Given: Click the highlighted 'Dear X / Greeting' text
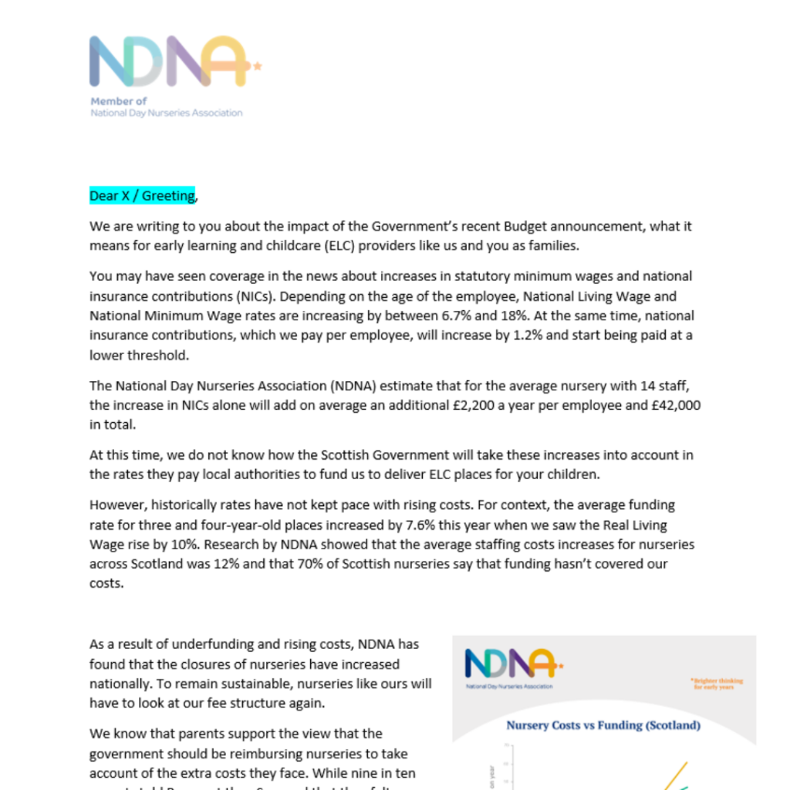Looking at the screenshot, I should pos(143,196).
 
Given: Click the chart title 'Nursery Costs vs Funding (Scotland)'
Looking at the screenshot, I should pos(603,725).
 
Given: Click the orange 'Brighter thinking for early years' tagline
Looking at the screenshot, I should pos(717,684).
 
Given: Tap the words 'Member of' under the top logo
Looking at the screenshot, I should pos(119,101).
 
